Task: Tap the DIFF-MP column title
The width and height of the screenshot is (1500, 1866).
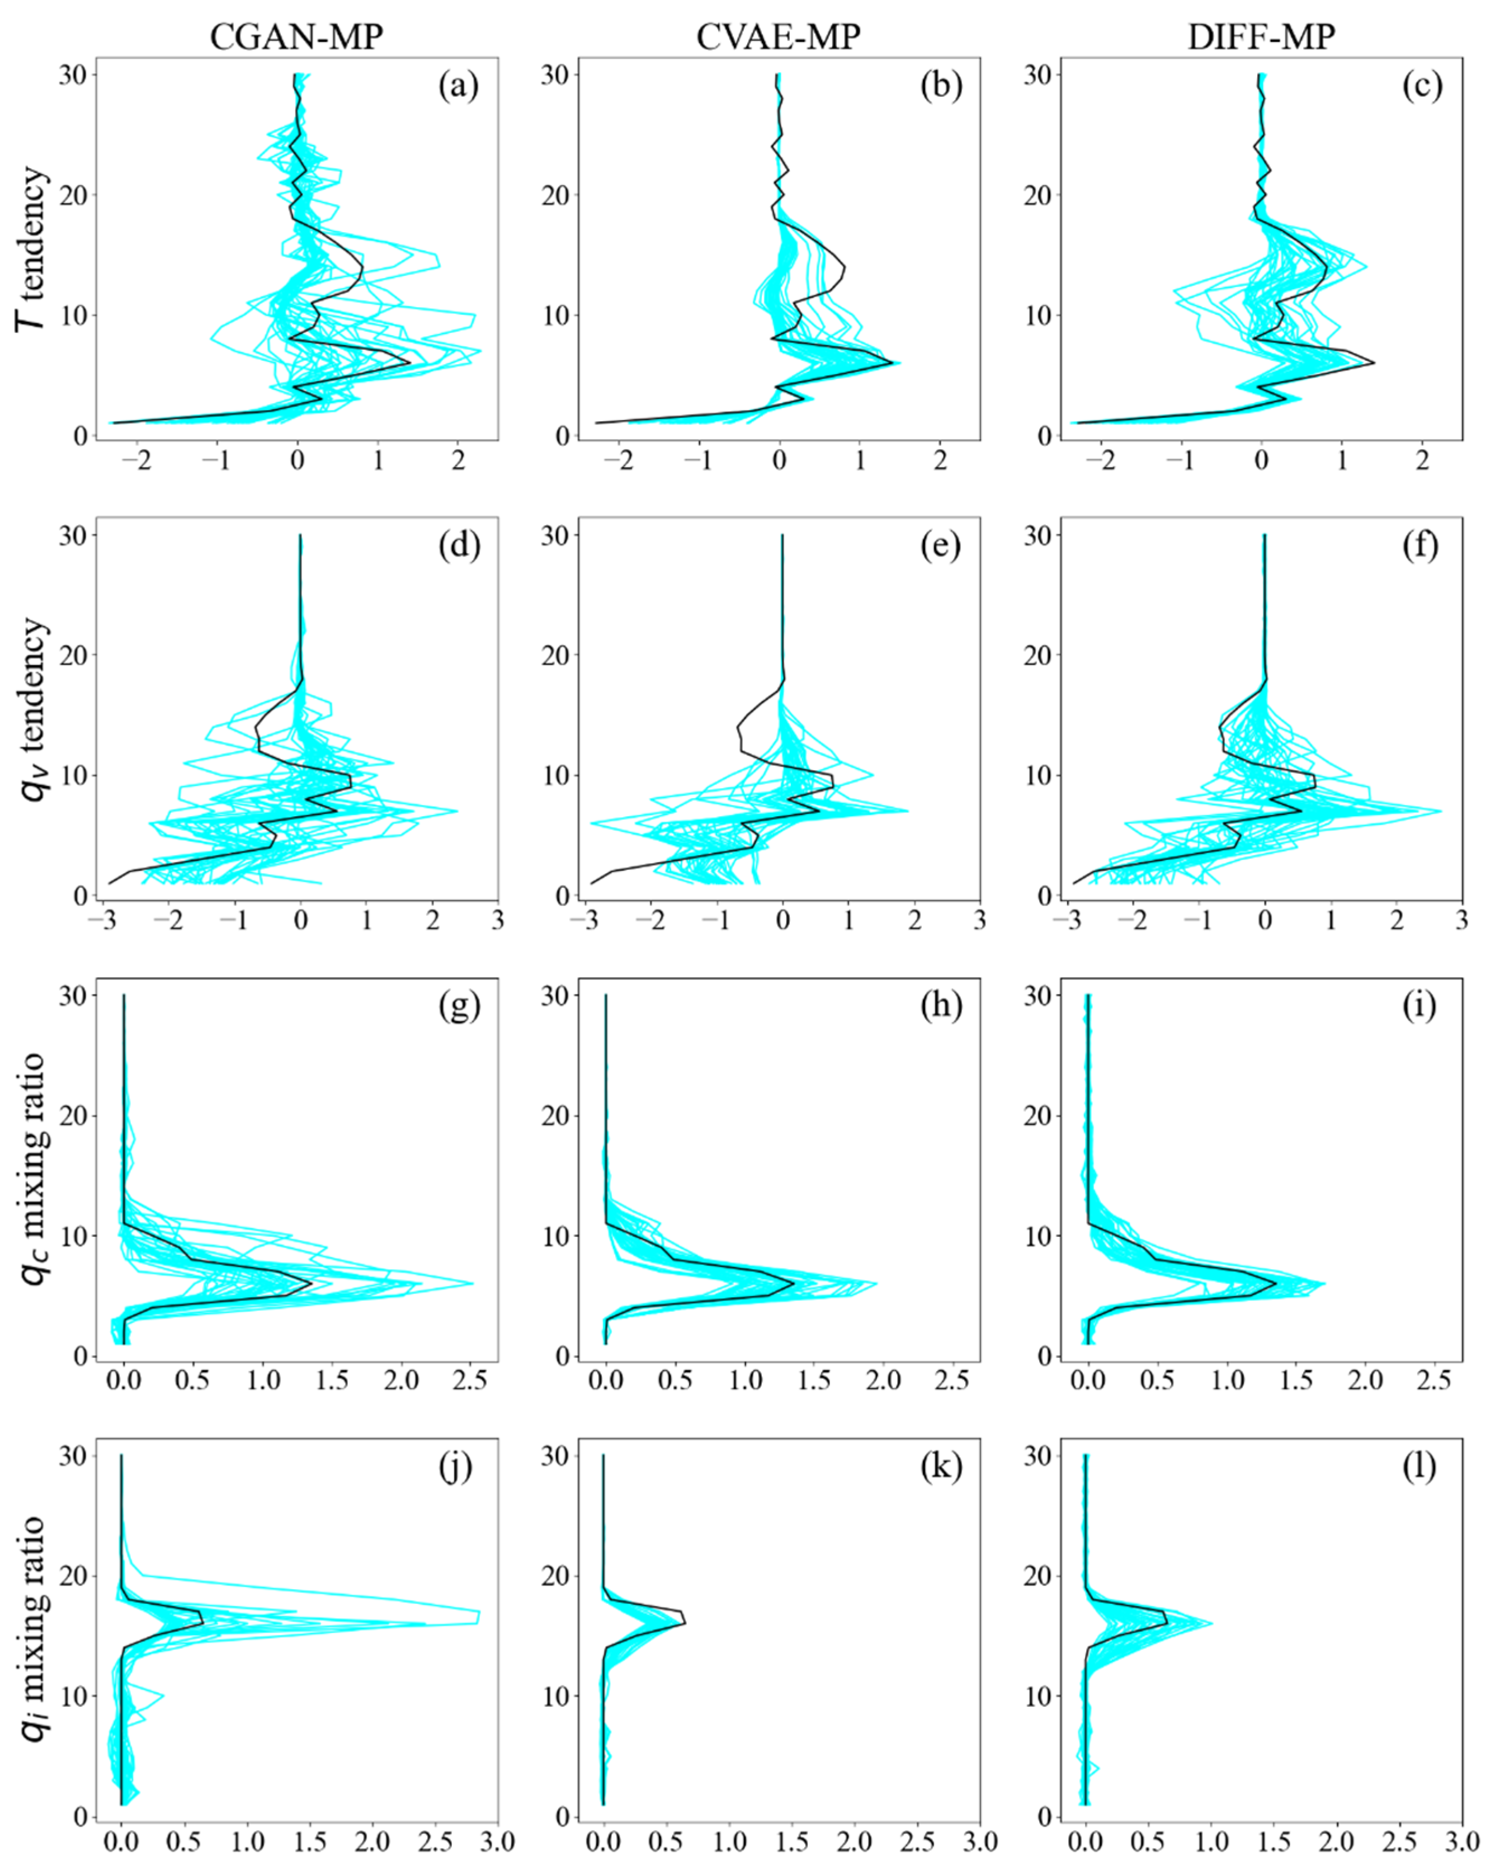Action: click(x=1261, y=36)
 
